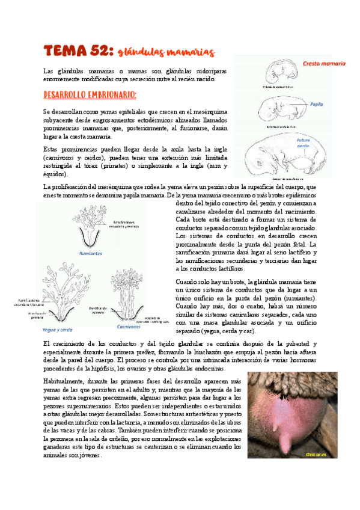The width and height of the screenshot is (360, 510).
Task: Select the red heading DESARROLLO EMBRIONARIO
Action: [90, 95]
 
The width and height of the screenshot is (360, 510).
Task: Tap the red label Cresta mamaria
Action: [324, 63]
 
